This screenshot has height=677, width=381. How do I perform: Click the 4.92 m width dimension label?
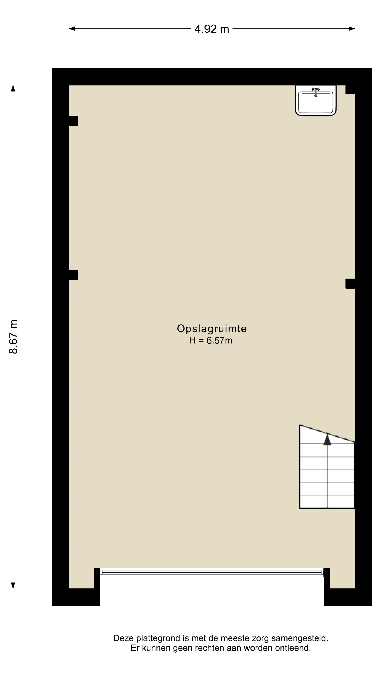pos(212,29)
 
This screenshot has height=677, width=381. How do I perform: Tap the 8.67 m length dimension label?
pos(13,337)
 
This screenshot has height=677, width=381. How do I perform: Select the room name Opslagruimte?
pos(212,328)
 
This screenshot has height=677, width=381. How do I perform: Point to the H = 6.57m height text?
pos(211,341)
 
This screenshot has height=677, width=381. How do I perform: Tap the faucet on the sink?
pos(316,92)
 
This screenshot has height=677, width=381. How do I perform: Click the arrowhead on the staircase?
pos(327,439)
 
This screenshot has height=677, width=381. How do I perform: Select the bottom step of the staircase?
pos(327,501)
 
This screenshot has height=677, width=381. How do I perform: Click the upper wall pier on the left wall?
pos(74,121)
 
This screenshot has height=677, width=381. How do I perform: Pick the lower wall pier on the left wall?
pos(74,275)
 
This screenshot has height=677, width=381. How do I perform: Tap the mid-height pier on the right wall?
pos(350,283)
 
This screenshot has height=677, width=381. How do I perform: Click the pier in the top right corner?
pos(350,90)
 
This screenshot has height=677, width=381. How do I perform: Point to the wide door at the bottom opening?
pos(212,572)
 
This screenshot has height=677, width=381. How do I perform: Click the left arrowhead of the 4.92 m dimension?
pos(72,29)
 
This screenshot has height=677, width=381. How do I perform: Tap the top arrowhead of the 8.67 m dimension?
pos(13,88)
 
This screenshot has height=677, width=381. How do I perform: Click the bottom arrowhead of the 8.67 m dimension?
pos(13,585)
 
